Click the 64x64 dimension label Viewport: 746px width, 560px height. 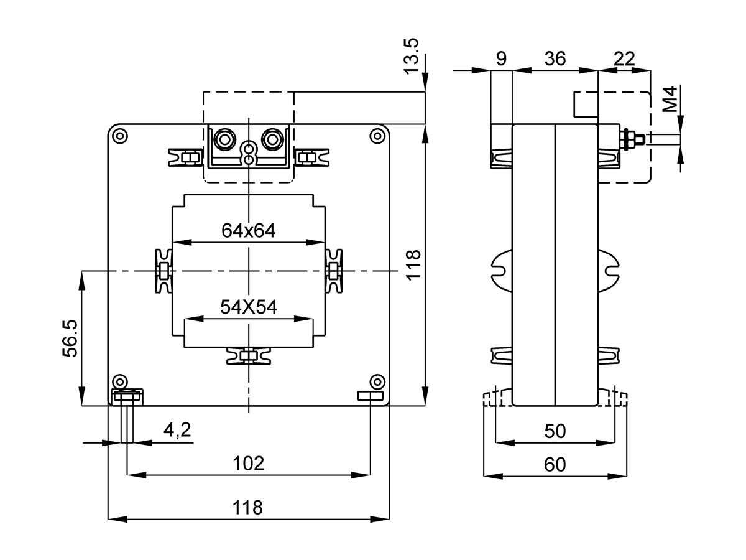[248, 230]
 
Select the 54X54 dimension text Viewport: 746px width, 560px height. [248, 307]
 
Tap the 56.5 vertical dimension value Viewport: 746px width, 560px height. [70, 339]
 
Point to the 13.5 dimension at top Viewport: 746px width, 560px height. [412, 55]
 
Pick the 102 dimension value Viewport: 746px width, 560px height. [248, 463]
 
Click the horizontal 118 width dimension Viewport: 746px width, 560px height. [248, 507]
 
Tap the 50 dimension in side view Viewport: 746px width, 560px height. [555, 431]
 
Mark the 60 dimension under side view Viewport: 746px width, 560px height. [555, 465]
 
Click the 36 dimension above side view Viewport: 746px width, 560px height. [555, 58]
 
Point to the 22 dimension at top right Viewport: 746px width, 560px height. [624, 58]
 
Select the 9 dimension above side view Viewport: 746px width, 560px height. [502, 58]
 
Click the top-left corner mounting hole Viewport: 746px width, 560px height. [120, 136]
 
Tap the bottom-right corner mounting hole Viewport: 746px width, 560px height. [376, 381]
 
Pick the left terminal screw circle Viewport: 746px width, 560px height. [223, 138]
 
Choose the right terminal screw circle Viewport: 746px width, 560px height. [272, 138]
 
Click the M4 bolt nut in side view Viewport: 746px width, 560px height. [628, 140]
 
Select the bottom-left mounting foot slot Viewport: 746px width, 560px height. [127, 396]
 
